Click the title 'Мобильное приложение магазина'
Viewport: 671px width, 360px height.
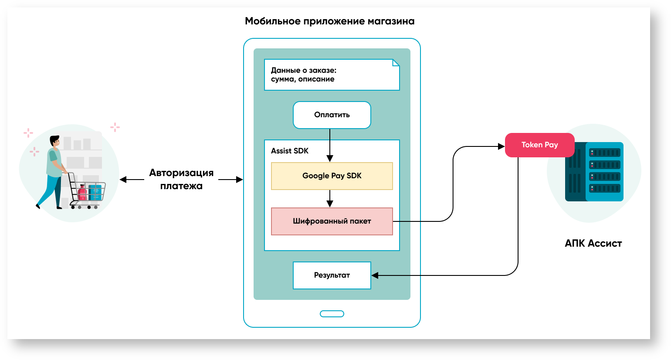(329, 21)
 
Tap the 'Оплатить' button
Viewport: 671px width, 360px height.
(332, 115)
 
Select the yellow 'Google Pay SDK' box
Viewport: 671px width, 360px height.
(332, 176)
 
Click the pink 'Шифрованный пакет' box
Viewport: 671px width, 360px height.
(332, 221)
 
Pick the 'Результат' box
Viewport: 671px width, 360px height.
(332, 275)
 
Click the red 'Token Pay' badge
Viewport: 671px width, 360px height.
(539, 145)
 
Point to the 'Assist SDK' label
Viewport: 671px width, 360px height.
(289, 151)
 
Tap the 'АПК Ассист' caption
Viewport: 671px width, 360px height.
(593, 244)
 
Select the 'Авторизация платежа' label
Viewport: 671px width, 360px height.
(181, 179)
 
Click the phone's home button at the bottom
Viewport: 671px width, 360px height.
(332, 314)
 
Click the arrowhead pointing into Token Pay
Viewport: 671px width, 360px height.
(501, 146)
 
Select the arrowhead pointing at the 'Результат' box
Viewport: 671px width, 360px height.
(375, 275)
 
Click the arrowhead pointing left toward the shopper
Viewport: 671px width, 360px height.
(123, 180)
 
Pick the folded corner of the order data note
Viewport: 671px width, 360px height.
(396, 63)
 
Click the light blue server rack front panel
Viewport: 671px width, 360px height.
(604, 171)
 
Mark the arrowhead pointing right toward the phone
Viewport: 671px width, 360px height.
(239, 180)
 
